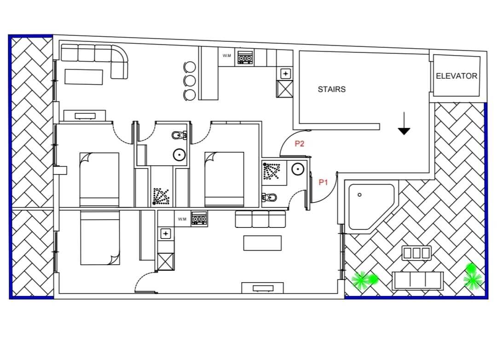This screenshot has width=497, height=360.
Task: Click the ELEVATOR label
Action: (x=457, y=76)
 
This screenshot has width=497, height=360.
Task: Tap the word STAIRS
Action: (x=331, y=89)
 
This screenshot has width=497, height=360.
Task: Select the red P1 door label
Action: (x=323, y=182)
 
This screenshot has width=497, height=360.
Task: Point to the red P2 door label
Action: (x=299, y=144)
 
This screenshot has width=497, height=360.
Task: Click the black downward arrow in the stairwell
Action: (x=404, y=123)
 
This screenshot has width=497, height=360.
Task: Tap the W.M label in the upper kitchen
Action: (x=226, y=56)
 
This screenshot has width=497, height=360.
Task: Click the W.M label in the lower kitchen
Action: (x=182, y=219)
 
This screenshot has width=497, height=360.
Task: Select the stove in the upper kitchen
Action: (x=245, y=57)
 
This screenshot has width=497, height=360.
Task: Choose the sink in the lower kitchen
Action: (x=166, y=234)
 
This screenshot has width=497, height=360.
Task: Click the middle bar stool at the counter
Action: (x=190, y=81)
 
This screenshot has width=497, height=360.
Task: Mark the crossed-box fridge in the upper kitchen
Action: (x=285, y=89)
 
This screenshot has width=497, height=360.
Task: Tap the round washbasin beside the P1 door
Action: (x=298, y=169)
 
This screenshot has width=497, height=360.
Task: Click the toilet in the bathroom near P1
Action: (x=269, y=198)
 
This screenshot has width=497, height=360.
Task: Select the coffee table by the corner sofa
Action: (x=84, y=77)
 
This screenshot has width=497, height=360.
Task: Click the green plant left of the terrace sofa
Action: (x=364, y=280)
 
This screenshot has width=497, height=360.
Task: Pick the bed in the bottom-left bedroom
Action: (x=100, y=238)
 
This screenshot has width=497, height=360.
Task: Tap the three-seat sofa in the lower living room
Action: (x=260, y=219)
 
